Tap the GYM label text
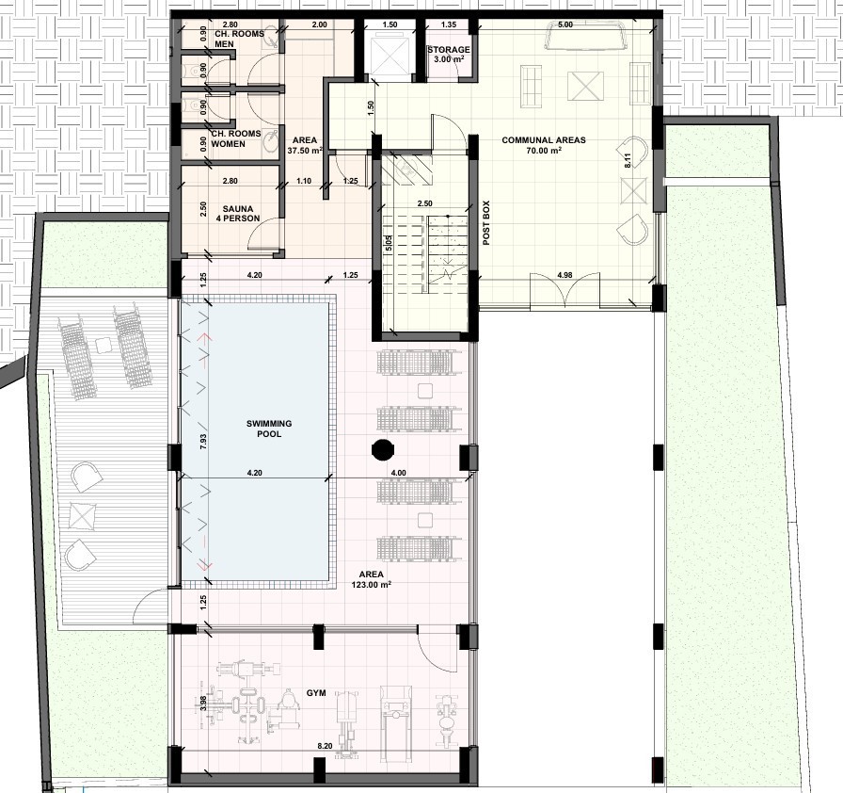pyautogui.click(x=316, y=692)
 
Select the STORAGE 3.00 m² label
pyautogui.click(x=447, y=55)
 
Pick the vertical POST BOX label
pyautogui.click(x=486, y=223)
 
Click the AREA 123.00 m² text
pyautogui.click(x=374, y=579)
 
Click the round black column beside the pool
pyautogui.click(x=382, y=449)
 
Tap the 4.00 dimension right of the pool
pyautogui.click(x=398, y=472)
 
